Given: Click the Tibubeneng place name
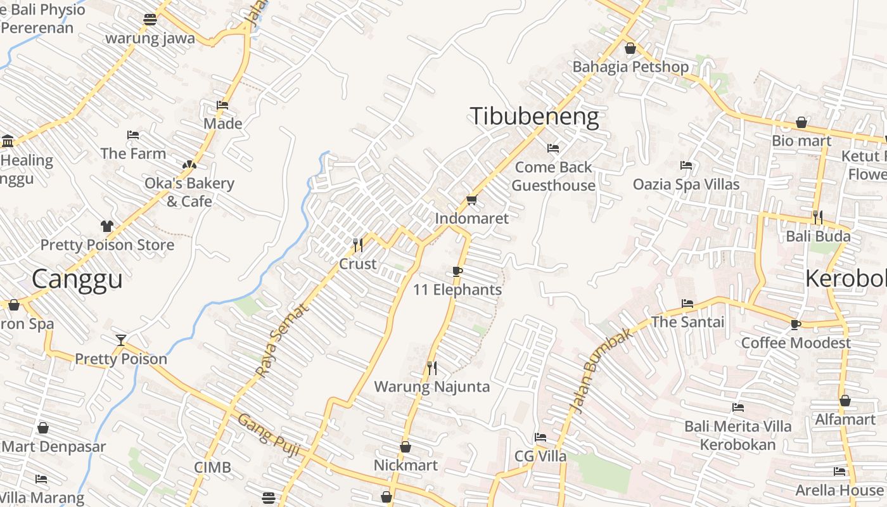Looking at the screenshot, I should point(534,117).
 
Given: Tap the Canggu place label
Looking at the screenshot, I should point(77,279).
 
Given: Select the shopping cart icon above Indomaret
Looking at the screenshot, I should point(471,200).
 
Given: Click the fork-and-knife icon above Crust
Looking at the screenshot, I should point(358,244).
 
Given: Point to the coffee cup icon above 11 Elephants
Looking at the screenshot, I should point(457,272).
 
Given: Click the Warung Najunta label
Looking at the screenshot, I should point(431,387).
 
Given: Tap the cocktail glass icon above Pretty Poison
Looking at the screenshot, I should point(121,340).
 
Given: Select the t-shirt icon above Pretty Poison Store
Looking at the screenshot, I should point(107,226).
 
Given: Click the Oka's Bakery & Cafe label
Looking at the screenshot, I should point(189,192).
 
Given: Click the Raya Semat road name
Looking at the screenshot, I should point(282,340).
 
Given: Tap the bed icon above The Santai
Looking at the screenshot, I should point(687,304).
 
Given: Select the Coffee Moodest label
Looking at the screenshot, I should point(796,343).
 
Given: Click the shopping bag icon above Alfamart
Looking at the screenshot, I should point(845,401).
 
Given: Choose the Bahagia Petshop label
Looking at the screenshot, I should point(630,67).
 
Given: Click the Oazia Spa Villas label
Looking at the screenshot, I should point(686,184).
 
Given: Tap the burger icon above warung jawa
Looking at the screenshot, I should point(150,20).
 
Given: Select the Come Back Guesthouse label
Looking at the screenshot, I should point(553,176).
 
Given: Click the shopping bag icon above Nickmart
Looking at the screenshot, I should point(405,447).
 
